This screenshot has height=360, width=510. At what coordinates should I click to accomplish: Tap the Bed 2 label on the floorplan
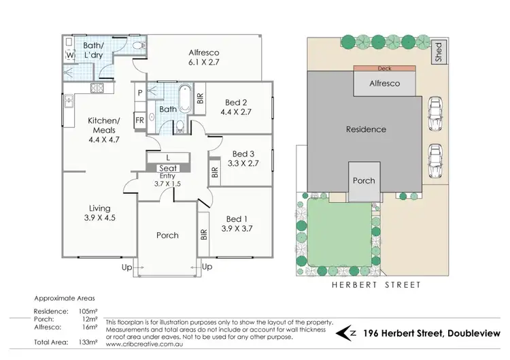[238, 108]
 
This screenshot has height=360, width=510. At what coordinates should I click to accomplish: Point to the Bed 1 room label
[237, 224]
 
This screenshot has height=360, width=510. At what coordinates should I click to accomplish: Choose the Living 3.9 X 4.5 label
[99, 213]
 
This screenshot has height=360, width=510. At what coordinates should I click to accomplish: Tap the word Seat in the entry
[167, 168]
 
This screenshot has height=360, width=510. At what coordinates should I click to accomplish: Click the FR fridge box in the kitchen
[139, 120]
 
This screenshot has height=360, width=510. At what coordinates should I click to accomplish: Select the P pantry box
[139, 92]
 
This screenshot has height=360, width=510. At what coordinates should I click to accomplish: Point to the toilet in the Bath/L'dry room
[138, 46]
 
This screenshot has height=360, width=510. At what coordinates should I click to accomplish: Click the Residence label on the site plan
[366, 129]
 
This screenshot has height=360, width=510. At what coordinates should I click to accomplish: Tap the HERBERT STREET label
[376, 285]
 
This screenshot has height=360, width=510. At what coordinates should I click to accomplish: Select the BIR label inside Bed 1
[203, 235]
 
